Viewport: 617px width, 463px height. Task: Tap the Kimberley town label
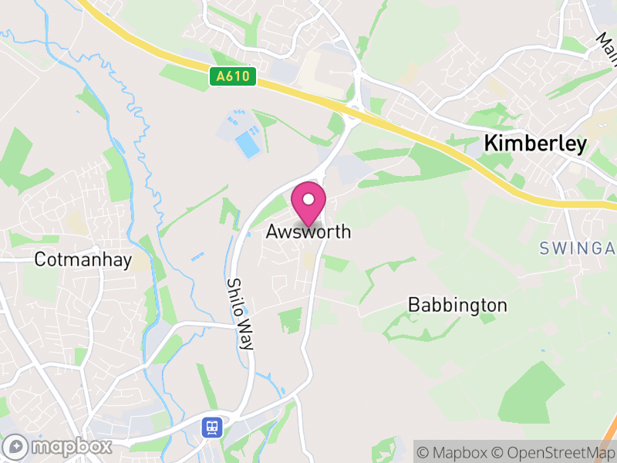pyautogui.click(x=535, y=144)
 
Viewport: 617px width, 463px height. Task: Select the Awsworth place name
pyautogui.click(x=308, y=231)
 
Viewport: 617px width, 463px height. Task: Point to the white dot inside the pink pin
pyautogui.click(x=308, y=200)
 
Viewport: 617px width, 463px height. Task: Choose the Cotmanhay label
pyautogui.click(x=83, y=260)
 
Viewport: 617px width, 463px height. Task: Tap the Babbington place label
pyautogui.click(x=457, y=305)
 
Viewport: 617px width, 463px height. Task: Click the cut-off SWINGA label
pyautogui.click(x=577, y=248)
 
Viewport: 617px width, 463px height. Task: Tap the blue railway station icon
pyautogui.click(x=210, y=427)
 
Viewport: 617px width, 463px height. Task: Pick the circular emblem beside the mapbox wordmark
pyautogui.click(x=16, y=447)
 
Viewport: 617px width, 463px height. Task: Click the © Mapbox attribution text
pyautogui.click(x=451, y=451)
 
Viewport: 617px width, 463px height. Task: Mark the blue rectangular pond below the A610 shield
pyautogui.click(x=247, y=144)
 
